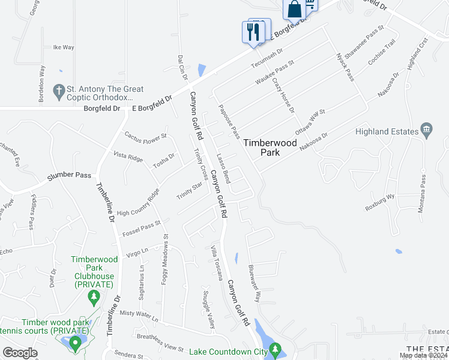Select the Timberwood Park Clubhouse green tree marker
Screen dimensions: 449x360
point(93,296)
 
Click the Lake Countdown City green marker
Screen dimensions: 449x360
point(275,349)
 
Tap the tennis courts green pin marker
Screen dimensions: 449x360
point(75,343)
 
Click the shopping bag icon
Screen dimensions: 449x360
point(294,10)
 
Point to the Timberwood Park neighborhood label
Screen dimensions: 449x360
point(261,148)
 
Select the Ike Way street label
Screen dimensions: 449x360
point(64,47)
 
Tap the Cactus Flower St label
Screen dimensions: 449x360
point(145,137)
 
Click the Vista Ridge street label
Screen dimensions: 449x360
point(128,157)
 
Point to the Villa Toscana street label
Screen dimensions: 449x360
point(217,263)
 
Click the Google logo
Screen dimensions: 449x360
point(20,352)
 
